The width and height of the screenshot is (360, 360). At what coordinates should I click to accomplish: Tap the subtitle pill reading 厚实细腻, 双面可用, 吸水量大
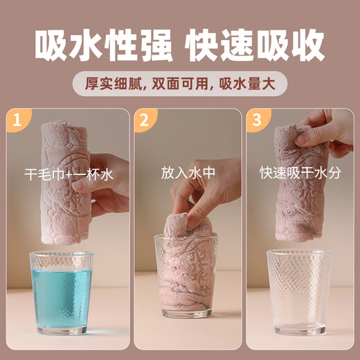(180, 84)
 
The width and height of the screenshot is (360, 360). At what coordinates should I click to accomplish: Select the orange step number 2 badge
(143, 122)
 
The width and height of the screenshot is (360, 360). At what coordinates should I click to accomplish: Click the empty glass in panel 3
(298, 291)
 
